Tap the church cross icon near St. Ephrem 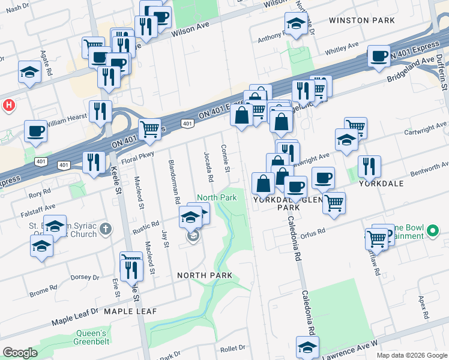pos(106,229)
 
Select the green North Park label pos(217,197)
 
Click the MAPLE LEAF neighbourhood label pos(130,311)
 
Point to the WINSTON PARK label pos(359,20)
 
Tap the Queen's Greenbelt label pos(91,338)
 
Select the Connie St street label pos(226,158)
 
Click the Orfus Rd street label pos(313,232)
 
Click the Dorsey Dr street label pos(85,277)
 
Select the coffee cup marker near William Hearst pos(35,131)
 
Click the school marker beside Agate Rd pos(29,72)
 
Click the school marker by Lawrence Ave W pos(307,346)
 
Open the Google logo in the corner pos(20,353)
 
